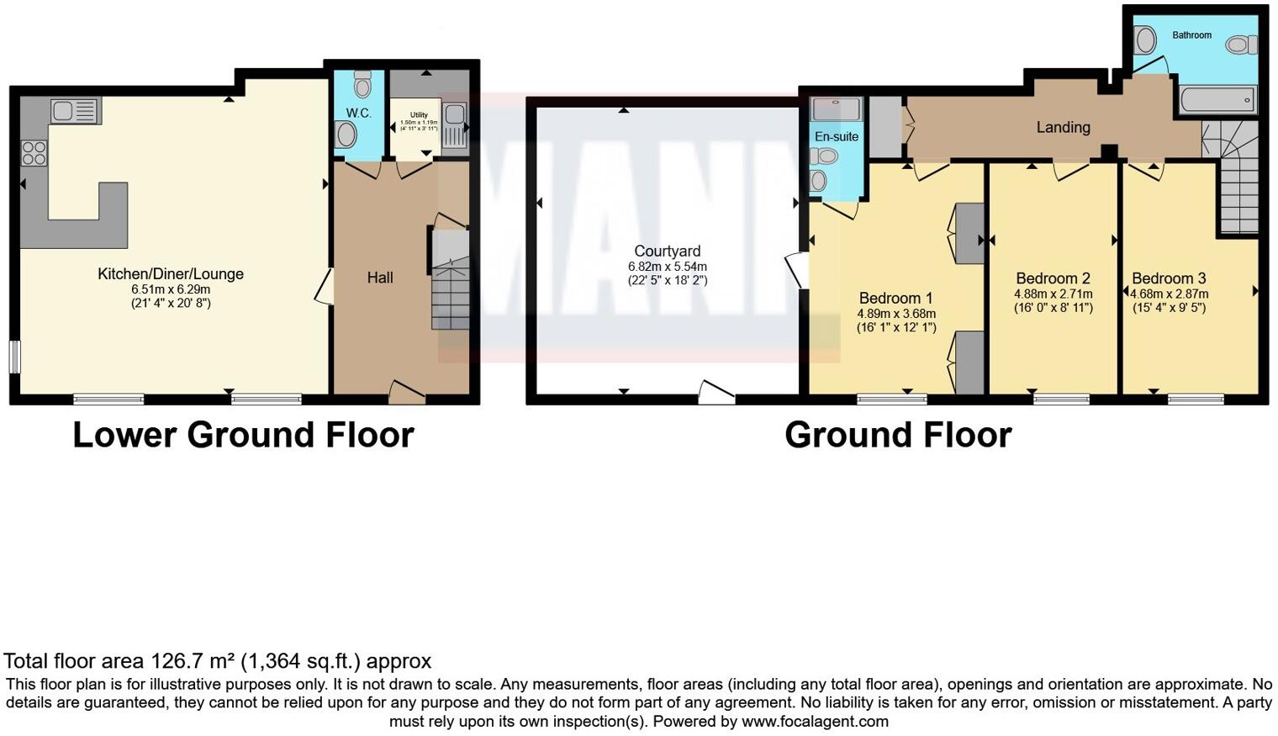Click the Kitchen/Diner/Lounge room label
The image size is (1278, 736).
coord(171,273)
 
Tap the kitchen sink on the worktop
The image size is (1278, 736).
coord(75,110)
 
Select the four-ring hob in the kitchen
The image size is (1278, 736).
coord(34,153)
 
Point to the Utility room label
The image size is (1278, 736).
coord(419,114)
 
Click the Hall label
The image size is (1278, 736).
coord(379,278)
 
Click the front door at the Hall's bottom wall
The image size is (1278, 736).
coord(407,391)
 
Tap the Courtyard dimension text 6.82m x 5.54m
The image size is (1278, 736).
coord(667,266)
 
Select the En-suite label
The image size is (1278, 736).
coord(836,136)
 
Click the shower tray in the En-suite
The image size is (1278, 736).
coord(836,109)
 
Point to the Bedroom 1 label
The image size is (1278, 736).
coord(895,298)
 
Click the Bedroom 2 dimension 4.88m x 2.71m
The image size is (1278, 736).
coord(1054,294)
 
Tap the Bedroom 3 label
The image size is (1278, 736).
coord(1169,278)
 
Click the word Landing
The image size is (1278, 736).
coord(1063,127)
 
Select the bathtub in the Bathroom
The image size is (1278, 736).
coord(1217,100)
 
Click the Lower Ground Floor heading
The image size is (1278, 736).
coord(243,435)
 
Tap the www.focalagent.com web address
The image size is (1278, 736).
coord(815,722)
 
